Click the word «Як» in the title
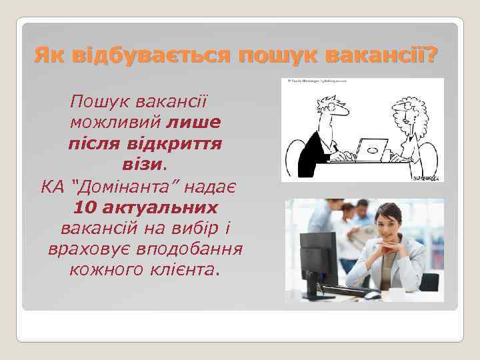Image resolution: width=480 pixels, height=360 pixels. (x=51, y=52)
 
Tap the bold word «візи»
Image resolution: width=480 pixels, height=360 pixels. (x=141, y=163)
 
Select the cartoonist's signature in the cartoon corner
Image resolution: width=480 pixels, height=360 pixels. (x=425, y=178)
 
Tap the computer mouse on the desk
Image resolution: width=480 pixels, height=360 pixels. (x=373, y=295)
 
